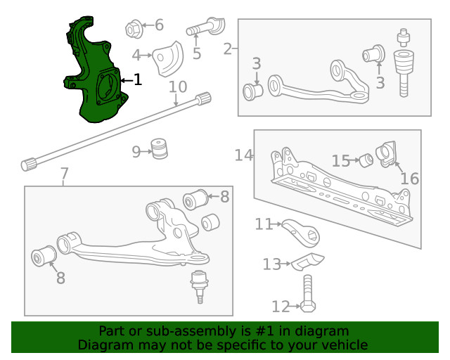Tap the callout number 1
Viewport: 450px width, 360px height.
click(138, 79)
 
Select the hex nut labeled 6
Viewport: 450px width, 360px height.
click(134, 30)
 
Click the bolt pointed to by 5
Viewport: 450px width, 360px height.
click(205, 27)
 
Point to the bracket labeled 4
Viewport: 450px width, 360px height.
click(168, 60)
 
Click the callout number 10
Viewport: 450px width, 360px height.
click(178, 86)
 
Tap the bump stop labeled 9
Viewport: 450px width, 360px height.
click(160, 149)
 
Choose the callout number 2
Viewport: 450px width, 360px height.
click(228, 49)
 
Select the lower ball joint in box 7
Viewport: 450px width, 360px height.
click(200, 286)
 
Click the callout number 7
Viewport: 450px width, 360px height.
click(65, 174)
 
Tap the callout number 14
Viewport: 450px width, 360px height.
click(244, 155)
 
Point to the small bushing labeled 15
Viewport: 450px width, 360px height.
click(366, 160)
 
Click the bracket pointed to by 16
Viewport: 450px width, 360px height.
click(386, 153)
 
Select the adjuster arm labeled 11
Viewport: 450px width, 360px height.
click(301, 233)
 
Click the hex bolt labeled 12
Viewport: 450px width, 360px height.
click(308, 294)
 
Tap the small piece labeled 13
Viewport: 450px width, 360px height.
click(308, 262)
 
